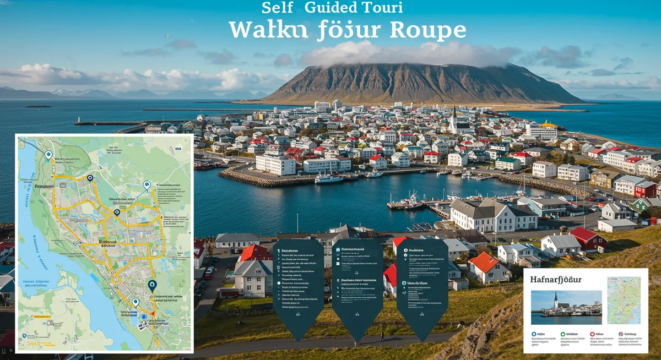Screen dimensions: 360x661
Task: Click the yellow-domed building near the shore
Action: (548, 124)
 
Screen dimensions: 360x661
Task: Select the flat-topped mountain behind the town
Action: (419, 83)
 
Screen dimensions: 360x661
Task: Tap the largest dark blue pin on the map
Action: (152, 285)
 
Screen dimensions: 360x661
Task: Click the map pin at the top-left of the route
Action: (48, 155)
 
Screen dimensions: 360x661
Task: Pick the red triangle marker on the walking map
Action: (154, 313)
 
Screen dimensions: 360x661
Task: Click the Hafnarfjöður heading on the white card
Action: (556, 280)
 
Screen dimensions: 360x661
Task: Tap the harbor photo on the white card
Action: (566, 307)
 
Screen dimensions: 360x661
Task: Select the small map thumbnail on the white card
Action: (624, 300)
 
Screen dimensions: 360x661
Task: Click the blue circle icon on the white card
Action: (534, 334)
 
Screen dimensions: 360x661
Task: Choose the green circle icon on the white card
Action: (562, 334)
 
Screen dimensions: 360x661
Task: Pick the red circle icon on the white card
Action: (592, 334)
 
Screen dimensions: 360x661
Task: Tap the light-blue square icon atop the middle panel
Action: (337, 249)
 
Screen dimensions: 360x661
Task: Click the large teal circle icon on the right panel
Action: (404, 283)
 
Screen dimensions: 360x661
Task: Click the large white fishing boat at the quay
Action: (329, 178)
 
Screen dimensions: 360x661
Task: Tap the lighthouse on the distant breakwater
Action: (78, 119)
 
